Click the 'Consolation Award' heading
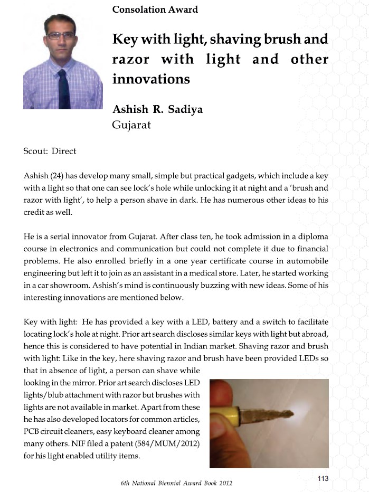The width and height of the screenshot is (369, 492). click(155, 10)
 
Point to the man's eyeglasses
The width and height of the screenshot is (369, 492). click(61, 35)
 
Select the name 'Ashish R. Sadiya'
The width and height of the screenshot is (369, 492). click(157, 110)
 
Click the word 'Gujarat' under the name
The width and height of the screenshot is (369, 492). click(131, 125)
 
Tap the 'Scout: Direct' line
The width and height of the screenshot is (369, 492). click(50, 151)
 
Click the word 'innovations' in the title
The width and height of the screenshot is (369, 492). click(150, 79)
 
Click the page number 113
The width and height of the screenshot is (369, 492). click(323, 478)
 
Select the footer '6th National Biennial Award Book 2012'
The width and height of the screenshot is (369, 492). click(176, 483)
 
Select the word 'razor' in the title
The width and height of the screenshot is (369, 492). click(130, 59)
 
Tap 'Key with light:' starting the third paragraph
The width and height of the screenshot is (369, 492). click(50, 322)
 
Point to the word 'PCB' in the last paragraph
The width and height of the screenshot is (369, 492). click(33, 431)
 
